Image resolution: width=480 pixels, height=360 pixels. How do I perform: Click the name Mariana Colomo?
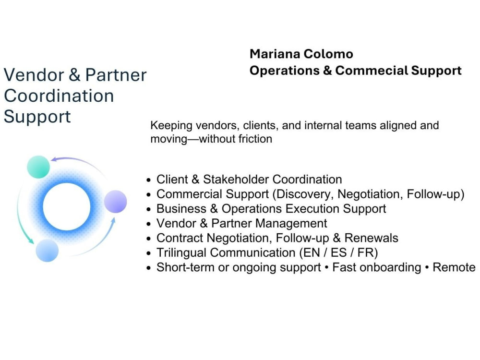point(301,54)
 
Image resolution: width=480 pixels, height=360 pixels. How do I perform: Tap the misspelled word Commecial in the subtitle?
point(372,71)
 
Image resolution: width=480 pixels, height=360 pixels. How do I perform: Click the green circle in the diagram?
point(38,167)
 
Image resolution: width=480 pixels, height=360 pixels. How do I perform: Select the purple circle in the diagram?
point(115,202)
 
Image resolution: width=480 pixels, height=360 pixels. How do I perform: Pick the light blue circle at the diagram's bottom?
point(47,251)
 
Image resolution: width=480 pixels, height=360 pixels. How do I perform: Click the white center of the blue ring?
point(66,206)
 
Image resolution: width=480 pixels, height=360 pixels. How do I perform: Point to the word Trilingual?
point(181,253)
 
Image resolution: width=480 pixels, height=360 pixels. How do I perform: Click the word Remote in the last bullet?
point(454,267)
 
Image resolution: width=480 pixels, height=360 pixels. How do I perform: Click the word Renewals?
point(372,238)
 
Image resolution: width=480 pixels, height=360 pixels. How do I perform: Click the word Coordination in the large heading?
point(59,96)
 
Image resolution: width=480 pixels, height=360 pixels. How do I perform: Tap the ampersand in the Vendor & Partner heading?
point(74,75)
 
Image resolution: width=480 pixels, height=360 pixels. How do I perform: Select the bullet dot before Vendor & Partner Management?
point(149,224)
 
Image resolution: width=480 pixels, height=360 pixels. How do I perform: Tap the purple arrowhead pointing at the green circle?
point(54,159)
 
